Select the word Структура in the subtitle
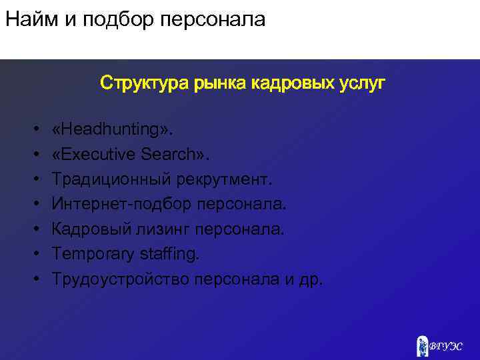(x=145, y=83)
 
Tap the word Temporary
(x=91, y=254)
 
